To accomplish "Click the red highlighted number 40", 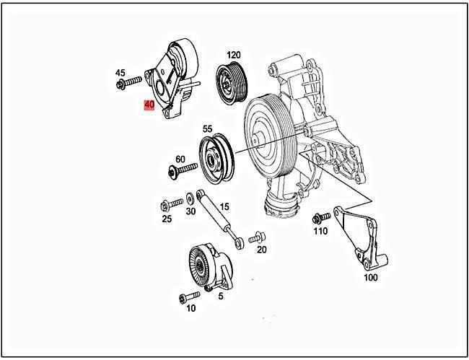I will pos(150,105).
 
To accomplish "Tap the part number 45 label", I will pos(120,73).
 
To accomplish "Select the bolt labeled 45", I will pos(126,85).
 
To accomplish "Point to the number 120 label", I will pos(233,55).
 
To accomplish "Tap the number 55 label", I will pos(208,129).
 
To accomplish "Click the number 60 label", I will pos(180,159).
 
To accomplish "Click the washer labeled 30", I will pos(190,197).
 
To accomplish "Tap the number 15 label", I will pos(224,206).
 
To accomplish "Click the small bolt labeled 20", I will pos(256,237).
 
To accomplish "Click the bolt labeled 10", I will pos(190,296).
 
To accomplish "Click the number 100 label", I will pos(370,277).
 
